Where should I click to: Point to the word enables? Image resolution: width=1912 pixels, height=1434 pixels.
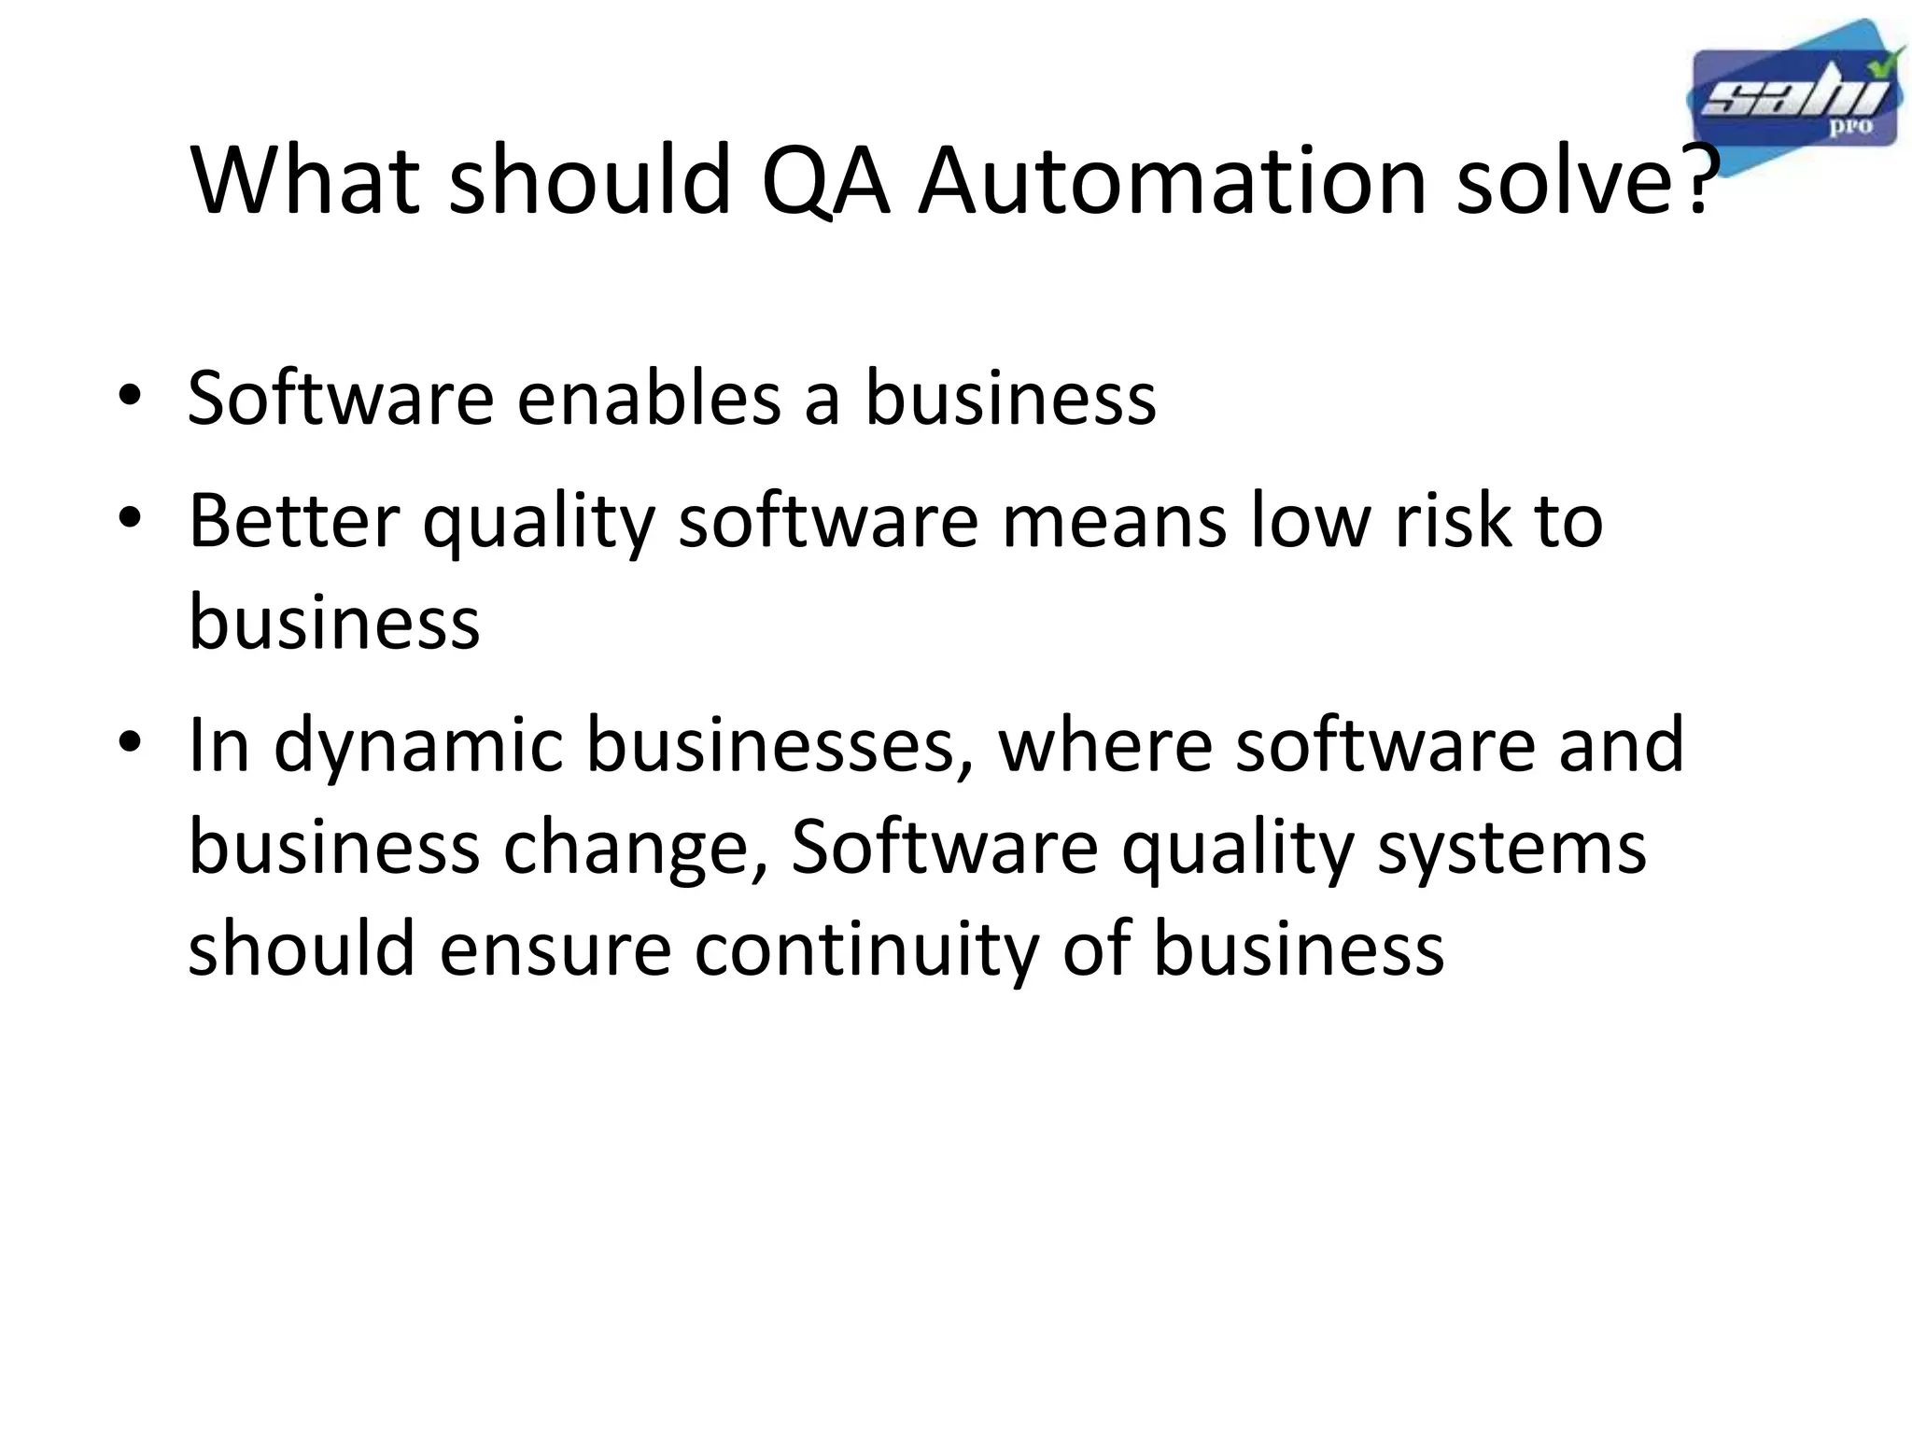[x=649, y=399]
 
